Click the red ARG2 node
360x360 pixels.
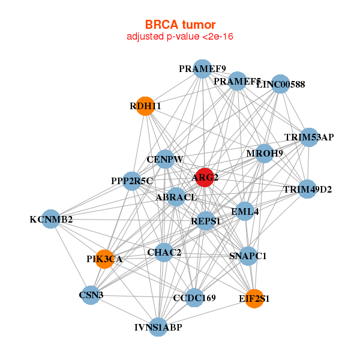(205, 177)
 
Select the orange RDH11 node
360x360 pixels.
(145, 106)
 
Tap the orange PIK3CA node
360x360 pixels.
(105, 259)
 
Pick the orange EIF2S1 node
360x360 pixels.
(254, 298)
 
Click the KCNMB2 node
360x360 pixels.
(52, 220)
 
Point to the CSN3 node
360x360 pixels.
(91, 295)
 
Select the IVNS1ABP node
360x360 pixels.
(158, 327)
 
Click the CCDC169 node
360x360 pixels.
(194, 297)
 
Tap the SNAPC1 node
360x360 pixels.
(248, 256)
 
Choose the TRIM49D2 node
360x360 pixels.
(307, 190)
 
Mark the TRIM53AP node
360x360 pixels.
(309, 137)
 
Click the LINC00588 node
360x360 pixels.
(281, 85)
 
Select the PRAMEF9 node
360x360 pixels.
(202, 69)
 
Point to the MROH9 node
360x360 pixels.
(265, 153)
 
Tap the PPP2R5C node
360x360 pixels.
(132, 181)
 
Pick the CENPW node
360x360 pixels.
(165, 160)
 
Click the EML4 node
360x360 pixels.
(245, 211)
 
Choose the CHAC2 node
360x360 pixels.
(164, 253)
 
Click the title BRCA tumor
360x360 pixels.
(180, 25)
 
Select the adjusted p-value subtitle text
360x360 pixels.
(180, 37)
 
